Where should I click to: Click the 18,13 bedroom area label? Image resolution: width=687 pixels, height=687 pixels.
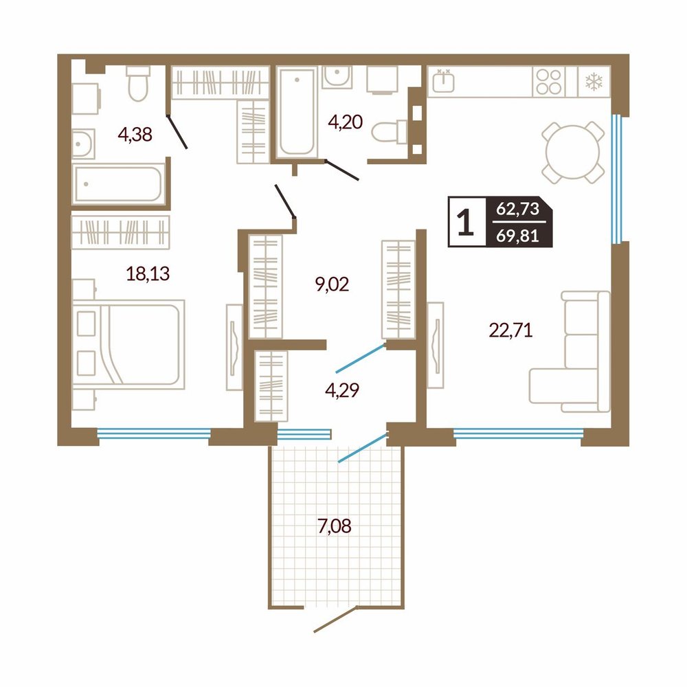[x=148, y=273]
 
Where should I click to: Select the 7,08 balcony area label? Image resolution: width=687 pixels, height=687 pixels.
[x=335, y=526]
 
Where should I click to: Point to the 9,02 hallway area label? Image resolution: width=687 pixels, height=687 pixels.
[x=332, y=284]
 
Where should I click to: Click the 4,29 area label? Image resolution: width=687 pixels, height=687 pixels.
[x=342, y=390]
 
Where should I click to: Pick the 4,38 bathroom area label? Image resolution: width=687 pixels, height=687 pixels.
[x=135, y=135]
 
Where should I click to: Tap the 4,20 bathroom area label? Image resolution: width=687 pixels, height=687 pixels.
[x=346, y=122]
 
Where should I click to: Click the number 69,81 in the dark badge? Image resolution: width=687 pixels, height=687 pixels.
[x=517, y=236]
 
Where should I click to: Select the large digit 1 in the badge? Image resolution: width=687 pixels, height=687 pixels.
[x=466, y=222]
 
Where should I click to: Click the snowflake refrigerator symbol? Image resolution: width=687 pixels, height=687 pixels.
[x=594, y=82]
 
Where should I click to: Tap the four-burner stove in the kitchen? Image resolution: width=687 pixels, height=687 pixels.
[x=548, y=82]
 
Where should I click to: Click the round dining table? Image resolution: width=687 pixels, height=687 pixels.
[x=572, y=153]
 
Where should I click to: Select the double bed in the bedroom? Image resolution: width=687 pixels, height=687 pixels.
[x=128, y=344]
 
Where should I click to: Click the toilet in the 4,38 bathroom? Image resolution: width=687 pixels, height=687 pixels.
[x=139, y=83]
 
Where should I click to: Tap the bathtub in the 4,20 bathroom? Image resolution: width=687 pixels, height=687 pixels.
[x=297, y=112]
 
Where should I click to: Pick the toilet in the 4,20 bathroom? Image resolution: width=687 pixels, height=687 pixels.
[x=390, y=131]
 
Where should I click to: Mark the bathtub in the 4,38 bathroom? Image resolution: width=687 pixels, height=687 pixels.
[x=119, y=183]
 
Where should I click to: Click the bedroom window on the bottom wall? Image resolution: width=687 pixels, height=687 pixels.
[x=154, y=433]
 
